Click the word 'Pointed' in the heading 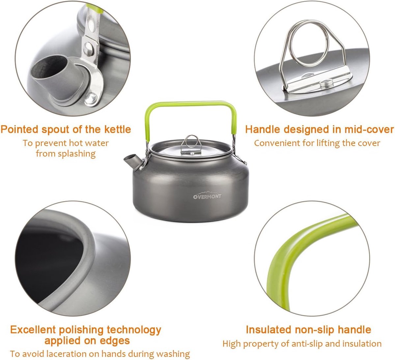(x=19, y=130)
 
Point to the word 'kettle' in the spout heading (x=118, y=130)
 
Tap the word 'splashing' (x=77, y=154)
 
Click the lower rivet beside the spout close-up (x=91, y=98)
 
